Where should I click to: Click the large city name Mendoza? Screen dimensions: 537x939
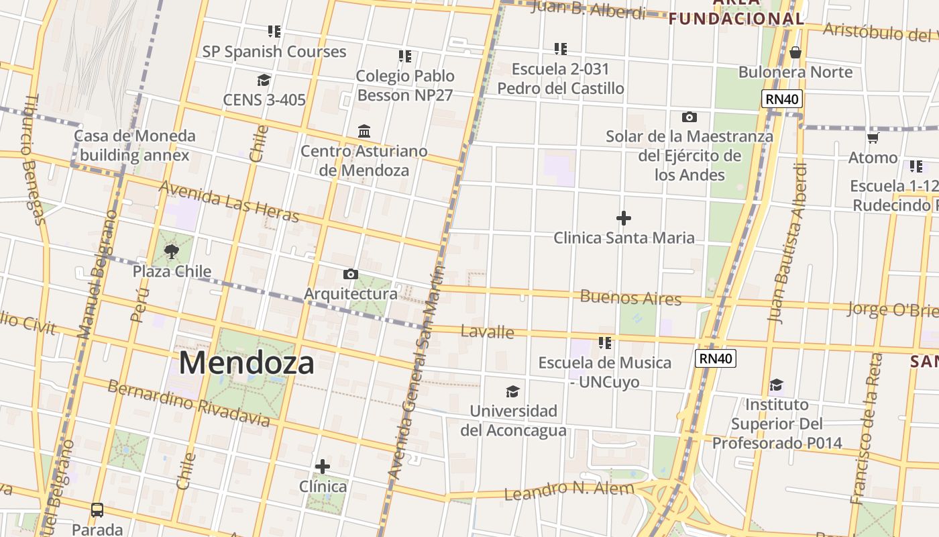tap(246, 363)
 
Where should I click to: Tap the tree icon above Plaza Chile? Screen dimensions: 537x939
tap(172, 252)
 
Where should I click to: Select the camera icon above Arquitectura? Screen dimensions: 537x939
tap(350, 274)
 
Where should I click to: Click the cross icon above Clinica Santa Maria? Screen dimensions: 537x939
tap(624, 218)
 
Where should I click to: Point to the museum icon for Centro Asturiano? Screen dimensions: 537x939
tap(364, 130)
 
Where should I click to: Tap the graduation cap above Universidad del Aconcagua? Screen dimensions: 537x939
tap(512, 391)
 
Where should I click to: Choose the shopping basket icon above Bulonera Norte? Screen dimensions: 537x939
tap(795, 52)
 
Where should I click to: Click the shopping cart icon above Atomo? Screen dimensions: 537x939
tap(873, 138)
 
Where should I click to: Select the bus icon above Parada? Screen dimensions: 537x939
tap(97, 510)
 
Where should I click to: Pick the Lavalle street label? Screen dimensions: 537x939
tap(488, 332)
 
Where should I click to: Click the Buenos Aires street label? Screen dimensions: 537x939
tap(630, 297)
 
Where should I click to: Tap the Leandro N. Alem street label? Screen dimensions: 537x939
tap(568, 491)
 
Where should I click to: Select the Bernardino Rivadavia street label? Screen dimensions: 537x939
tap(188, 403)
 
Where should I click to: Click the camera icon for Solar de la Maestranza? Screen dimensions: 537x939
tap(689, 117)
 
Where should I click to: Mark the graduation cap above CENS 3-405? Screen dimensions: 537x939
tap(264, 81)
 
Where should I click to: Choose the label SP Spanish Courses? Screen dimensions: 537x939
tap(274, 52)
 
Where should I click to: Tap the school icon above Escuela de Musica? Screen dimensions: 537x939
tap(605, 343)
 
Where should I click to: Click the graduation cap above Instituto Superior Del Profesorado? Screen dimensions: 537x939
tap(776, 385)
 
